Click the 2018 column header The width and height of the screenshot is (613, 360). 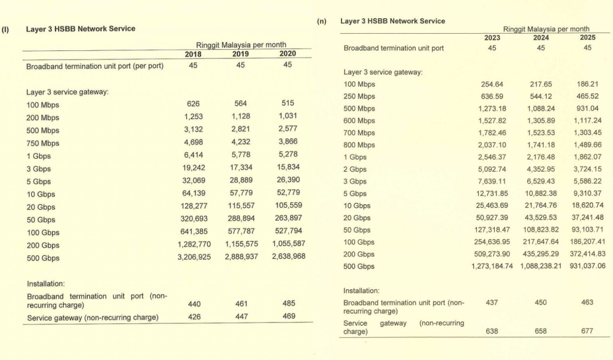[193, 53]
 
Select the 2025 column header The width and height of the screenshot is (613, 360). [587, 37]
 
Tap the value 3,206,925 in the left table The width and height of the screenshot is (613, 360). [194, 258]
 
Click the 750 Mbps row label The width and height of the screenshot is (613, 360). [43, 144]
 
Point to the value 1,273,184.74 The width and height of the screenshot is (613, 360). [492, 267]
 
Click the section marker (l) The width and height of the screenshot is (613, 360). [6, 29]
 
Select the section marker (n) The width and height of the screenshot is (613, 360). [321, 21]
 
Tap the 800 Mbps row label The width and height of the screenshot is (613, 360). [360, 145]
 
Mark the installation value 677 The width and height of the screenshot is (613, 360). [587, 331]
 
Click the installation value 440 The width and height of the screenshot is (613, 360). [193, 303]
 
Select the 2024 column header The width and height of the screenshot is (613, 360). [540, 37]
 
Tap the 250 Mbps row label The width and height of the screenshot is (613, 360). [360, 96]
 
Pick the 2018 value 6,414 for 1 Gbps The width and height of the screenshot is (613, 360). [194, 156]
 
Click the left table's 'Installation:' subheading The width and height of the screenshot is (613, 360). [46, 284]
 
